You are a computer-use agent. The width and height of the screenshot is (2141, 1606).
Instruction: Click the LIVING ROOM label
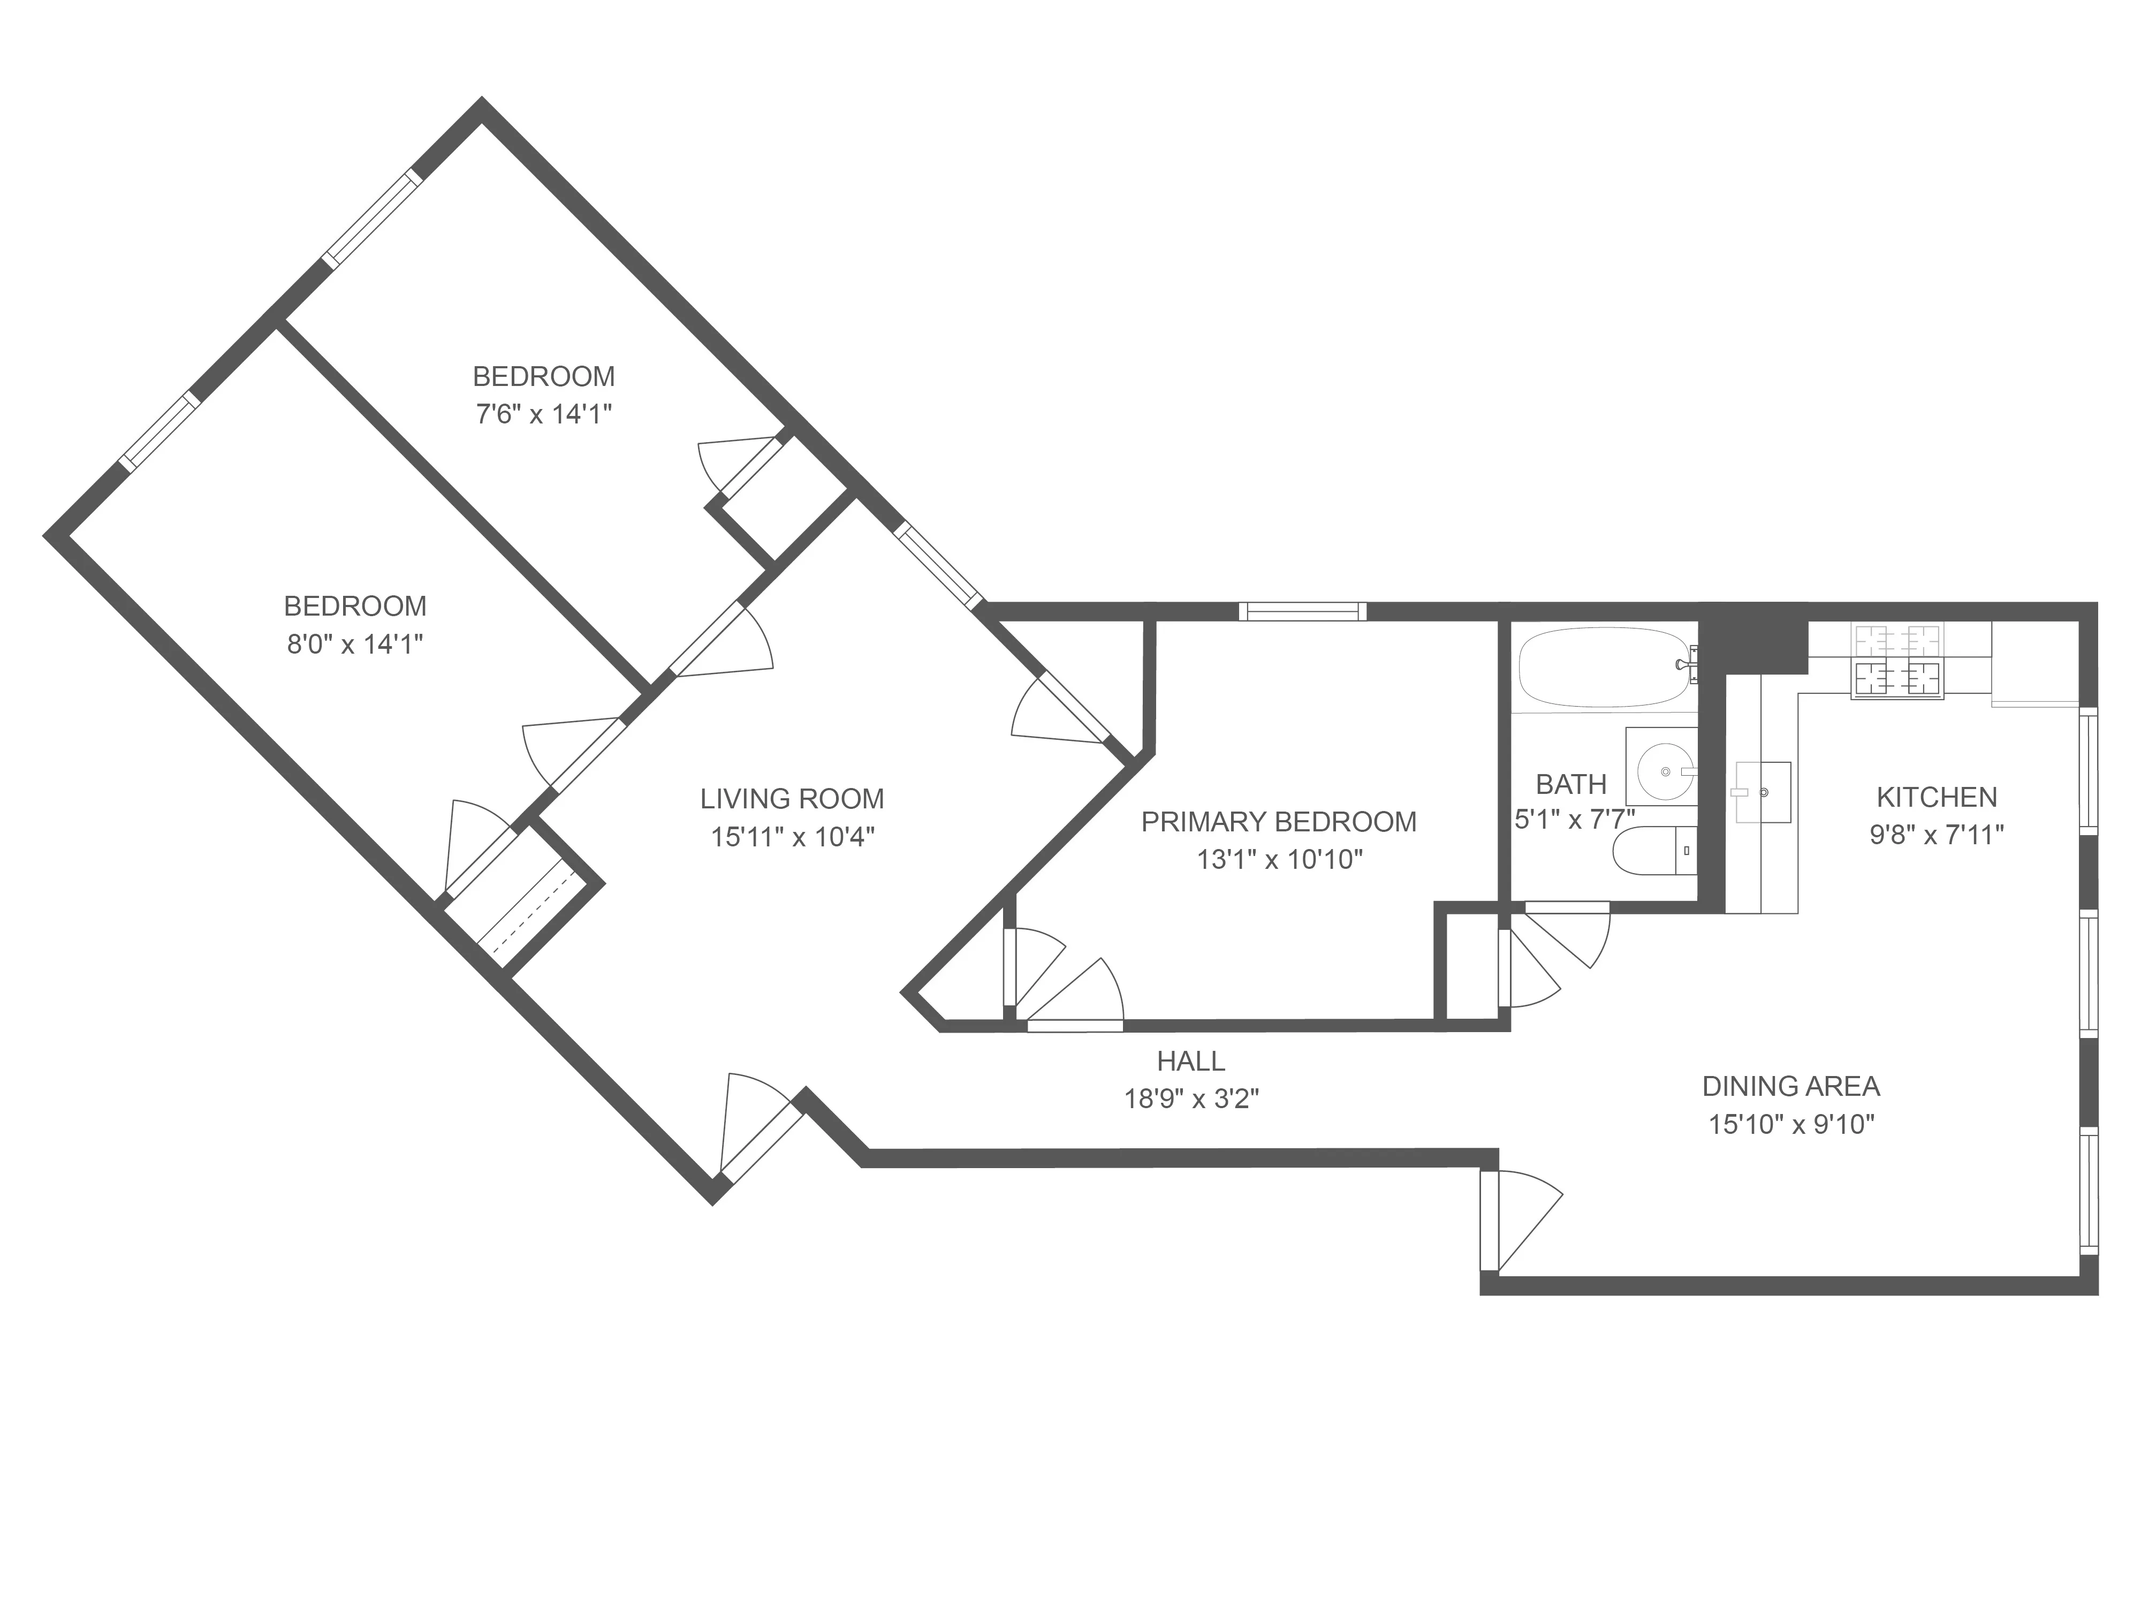coord(792,799)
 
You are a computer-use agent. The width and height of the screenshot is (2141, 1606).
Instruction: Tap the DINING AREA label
coord(1790,1086)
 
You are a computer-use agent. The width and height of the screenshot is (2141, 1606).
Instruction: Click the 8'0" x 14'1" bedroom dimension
coord(355,644)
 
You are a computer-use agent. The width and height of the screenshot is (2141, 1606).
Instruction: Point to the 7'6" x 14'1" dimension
coord(543,414)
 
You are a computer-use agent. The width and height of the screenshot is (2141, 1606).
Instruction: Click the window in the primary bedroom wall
coord(1303,611)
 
